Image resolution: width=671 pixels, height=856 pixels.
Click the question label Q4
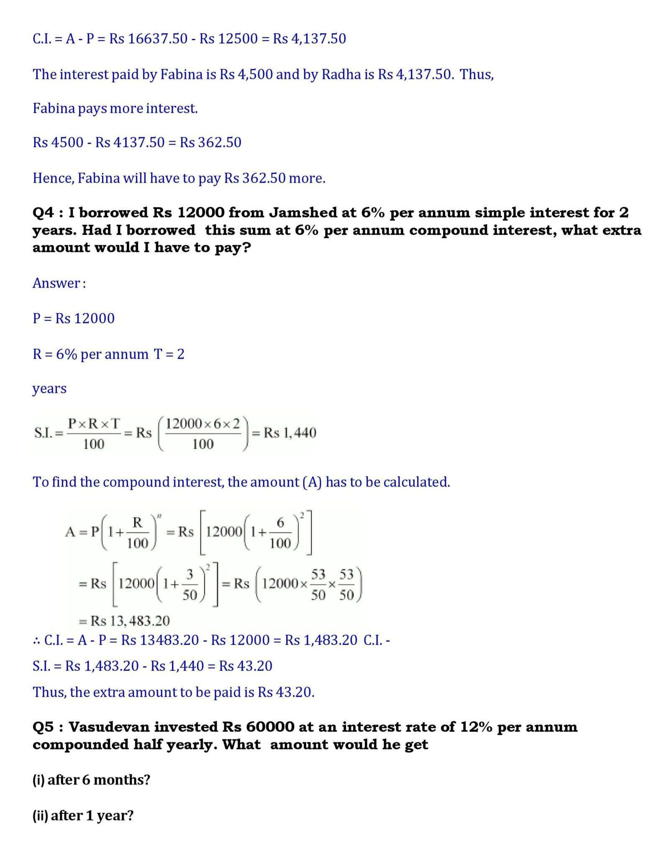(43, 213)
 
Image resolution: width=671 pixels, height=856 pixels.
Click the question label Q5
(43, 727)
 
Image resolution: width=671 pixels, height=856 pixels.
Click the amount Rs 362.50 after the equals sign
(210, 143)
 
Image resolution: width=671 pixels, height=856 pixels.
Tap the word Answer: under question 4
(59, 283)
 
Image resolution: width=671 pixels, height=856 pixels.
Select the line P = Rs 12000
(74, 318)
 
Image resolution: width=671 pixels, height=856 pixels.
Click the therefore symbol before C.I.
(36, 640)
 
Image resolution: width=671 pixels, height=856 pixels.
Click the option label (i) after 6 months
(39, 780)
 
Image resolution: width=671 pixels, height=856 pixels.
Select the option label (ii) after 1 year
(41, 815)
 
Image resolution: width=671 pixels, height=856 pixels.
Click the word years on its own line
(49, 388)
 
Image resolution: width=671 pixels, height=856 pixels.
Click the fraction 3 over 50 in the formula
(190, 584)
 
